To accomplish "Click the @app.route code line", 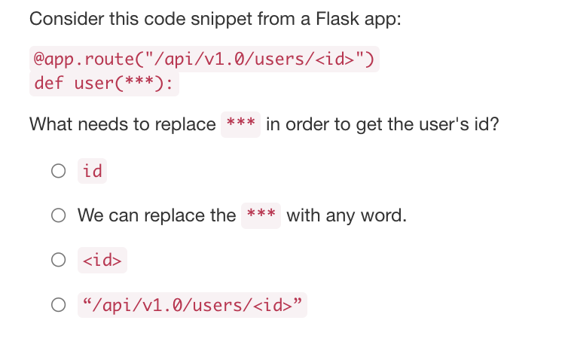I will point(204,58).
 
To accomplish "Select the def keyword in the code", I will point(49,83).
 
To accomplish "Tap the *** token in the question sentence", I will point(241,124).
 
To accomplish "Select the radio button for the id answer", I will point(59,172).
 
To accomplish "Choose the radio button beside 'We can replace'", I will point(59,216).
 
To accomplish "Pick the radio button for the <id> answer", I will point(59,261).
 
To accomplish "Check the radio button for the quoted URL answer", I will point(59,305).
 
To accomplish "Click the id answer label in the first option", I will point(93,172).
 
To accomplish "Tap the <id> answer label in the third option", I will point(102,261).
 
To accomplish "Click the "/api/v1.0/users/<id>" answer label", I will point(192,305).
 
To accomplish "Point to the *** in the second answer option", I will point(261,215).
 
